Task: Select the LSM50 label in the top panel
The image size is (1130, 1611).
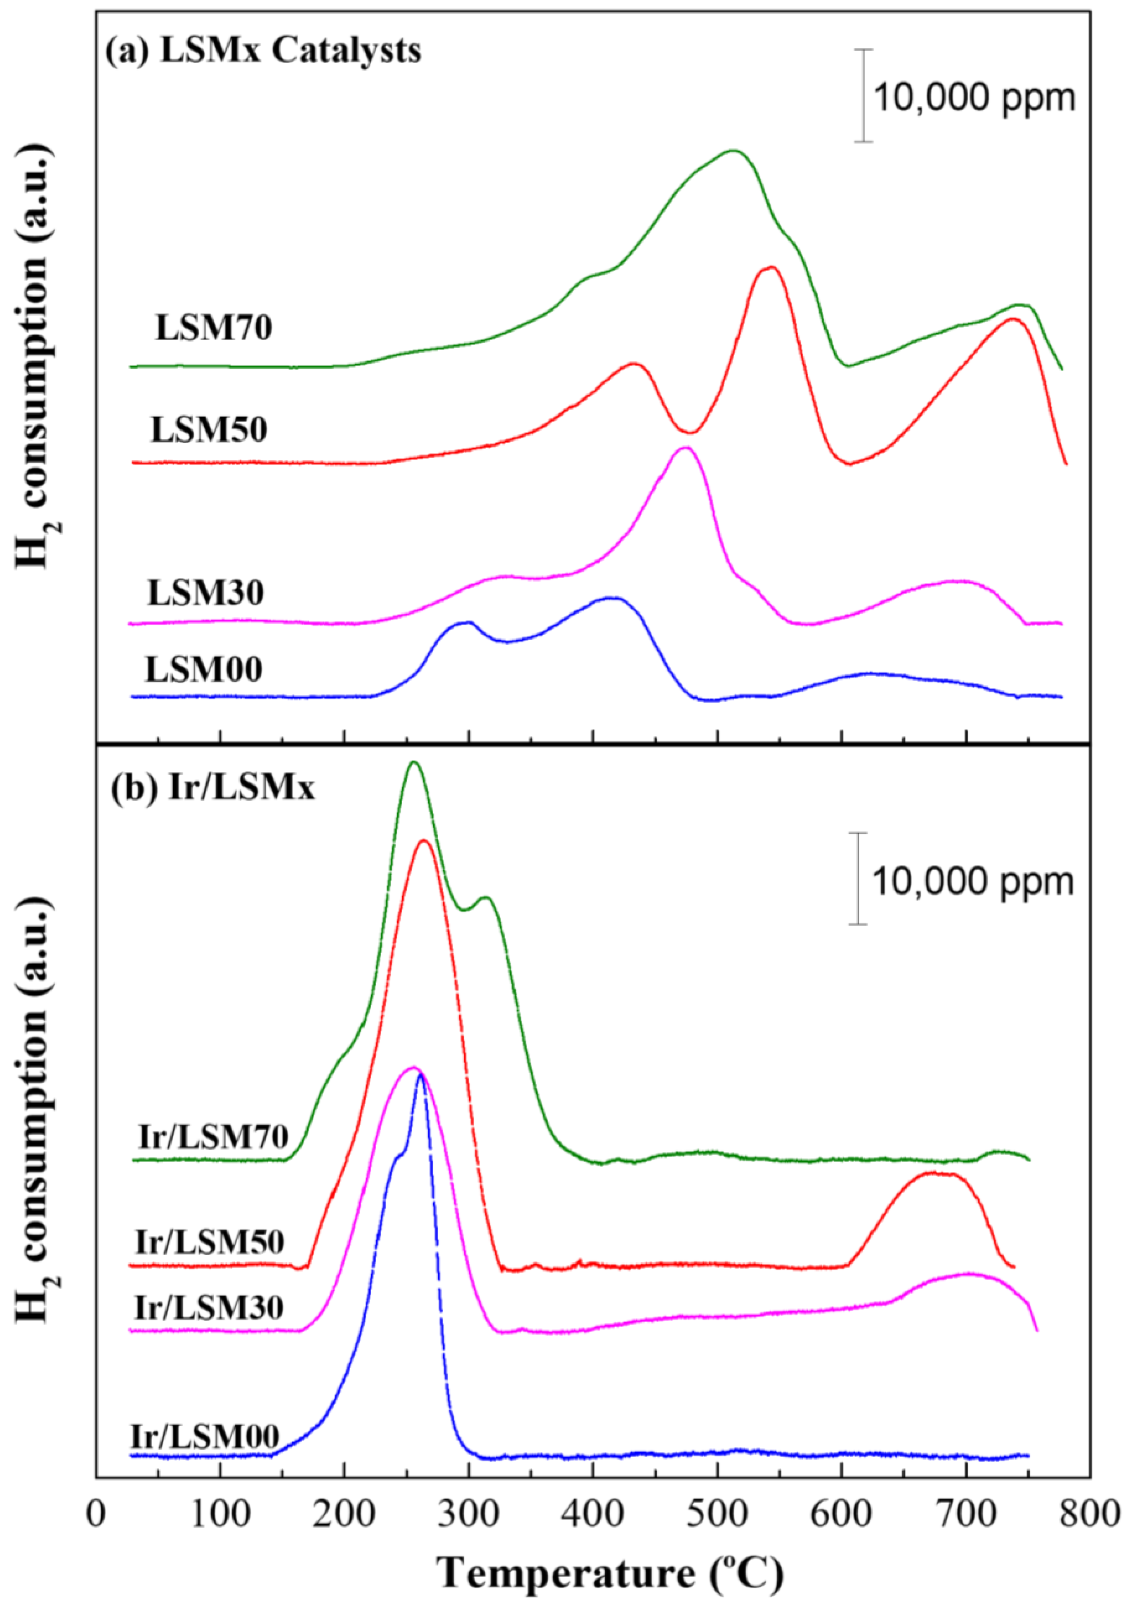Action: (x=209, y=429)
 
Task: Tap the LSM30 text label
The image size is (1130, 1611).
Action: (x=205, y=593)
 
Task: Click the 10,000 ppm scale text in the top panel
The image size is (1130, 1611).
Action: (x=974, y=97)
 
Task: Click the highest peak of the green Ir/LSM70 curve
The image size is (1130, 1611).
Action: (x=413, y=762)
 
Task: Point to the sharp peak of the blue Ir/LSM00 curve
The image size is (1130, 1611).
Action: (x=421, y=1093)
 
